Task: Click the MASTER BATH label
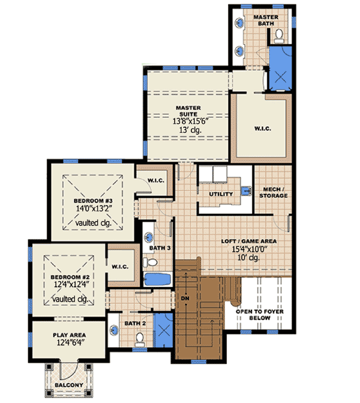pyautogui.click(x=265, y=20)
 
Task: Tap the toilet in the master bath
pyautogui.click(x=280, y=38)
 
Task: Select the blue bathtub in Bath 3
pyautogui.click(x=157, y=279)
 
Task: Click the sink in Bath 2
pyautogui.click(x=115, y=329)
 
